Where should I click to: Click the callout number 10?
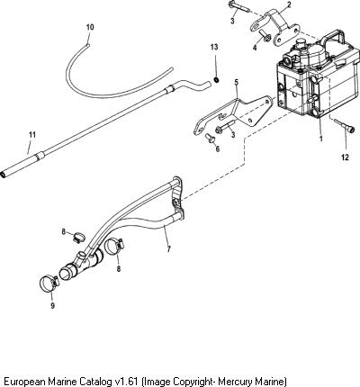[x=90, y=27]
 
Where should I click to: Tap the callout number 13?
[x=214, y=47]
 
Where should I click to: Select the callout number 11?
[x=32, y=135]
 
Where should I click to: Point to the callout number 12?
[x=345, y=157]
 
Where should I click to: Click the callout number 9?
[x=52, y=306]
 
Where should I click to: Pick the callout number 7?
[x=169, y=248]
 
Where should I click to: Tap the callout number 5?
[x=236, y=82]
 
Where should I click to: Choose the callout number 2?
[x=289, y=4]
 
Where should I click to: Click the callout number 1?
[x=321, y=139]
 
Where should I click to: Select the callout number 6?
[x=218, y=148]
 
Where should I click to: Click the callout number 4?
[x=255, y=48]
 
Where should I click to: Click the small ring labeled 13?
[x=215, y=80]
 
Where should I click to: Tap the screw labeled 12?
[x=344, y=126]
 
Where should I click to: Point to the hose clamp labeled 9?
[x=49, y=282]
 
